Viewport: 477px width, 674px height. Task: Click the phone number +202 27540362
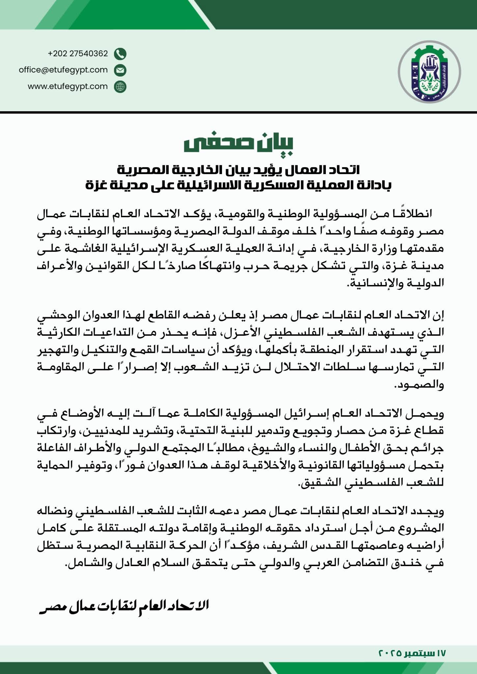tap(78, 54)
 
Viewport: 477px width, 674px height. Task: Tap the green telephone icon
tap(120, 54)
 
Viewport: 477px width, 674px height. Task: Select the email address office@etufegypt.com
tap(63, 70)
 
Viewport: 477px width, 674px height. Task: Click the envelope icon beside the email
tap(120, 70)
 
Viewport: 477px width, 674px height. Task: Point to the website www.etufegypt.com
tap(68, 86)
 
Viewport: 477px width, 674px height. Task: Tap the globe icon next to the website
tap(120, 87)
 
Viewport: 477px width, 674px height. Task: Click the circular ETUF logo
tap(429, 71)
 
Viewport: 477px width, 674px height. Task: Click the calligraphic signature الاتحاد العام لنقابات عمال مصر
tap(124, 606)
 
